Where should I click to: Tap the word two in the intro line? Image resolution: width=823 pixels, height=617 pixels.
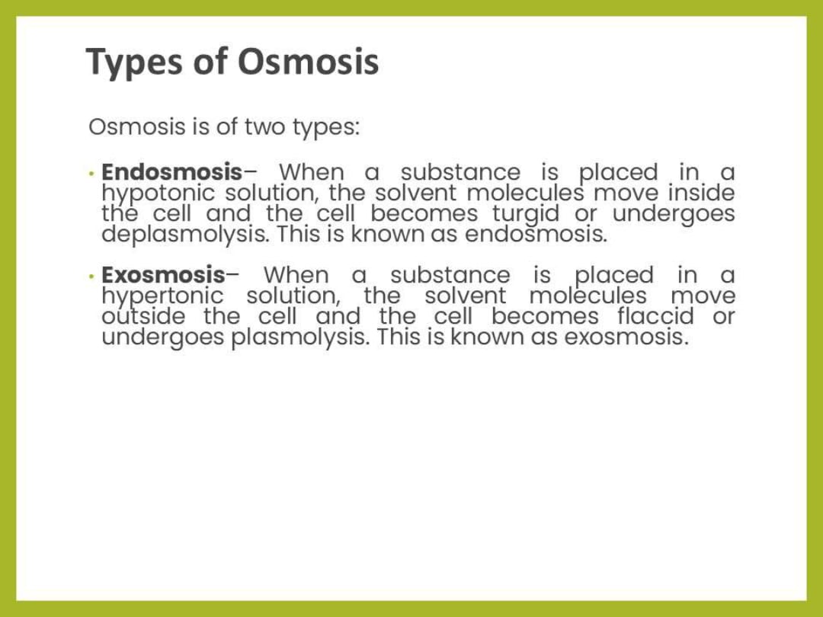tap(264, 126)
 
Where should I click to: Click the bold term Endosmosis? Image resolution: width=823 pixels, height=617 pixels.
tap(171, 172)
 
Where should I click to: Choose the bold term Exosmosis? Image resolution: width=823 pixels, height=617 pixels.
tap(163, 274)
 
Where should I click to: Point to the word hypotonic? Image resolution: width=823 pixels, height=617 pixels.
tap(159, 193)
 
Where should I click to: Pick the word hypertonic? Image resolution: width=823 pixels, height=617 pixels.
tap(162, 296)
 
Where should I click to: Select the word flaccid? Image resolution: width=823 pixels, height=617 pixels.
tap(655, 315)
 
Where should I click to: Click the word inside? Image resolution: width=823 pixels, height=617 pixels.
tap(702, 193)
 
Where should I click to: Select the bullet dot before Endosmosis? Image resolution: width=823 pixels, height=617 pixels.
tap(91, 173)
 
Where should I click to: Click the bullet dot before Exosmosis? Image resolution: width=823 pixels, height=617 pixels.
tap(91, 275)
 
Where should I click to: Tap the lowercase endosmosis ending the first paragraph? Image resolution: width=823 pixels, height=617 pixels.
tap(536, 234)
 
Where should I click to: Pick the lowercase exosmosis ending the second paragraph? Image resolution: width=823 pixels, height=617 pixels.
tap(626, 336)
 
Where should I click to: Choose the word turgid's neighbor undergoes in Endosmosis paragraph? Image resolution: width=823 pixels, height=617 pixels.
tap(674, 213)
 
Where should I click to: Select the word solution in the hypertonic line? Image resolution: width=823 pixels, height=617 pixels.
tap(293, 296)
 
